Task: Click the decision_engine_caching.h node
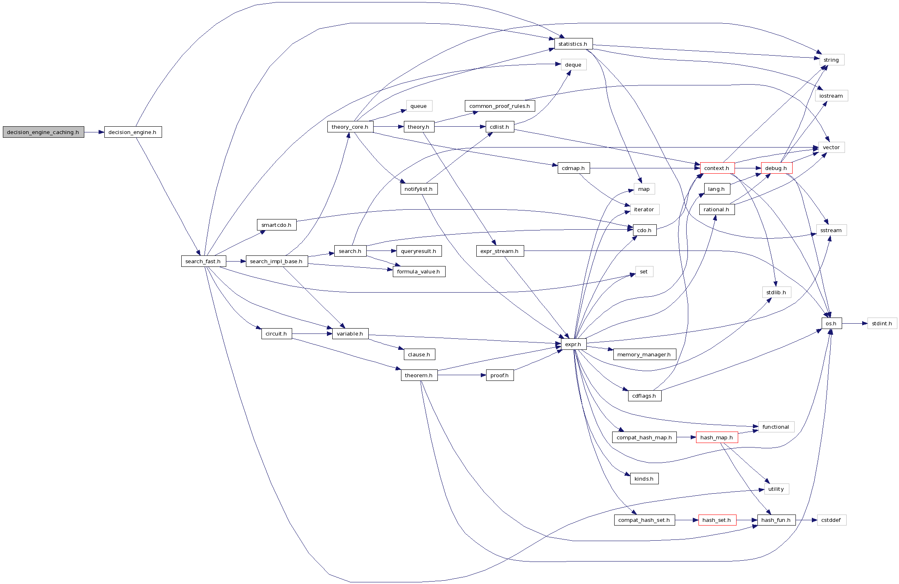coord(43,132)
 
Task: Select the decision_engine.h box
coord(133,132)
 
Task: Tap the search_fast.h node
coord(203,261)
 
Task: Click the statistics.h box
coord(573,44)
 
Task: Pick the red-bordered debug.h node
coord(776,168)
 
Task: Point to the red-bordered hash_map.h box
coord(716,437)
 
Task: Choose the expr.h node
coord(573,344)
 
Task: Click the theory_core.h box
coord(350,127)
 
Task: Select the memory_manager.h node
coord(644,354)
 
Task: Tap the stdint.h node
coord(882,323)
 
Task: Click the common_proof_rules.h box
coord(500,106)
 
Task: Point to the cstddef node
coord(831,520)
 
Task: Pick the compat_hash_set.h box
coord(644,520)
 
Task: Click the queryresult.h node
coord(419,251)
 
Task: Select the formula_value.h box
coord(419,271)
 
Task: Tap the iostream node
coord(831,96)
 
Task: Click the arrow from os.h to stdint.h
coord(854,323)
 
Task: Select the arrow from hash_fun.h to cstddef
coord(806,520)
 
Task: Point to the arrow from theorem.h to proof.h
coord(462,375)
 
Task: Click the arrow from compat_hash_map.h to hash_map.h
coord(686,437)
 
